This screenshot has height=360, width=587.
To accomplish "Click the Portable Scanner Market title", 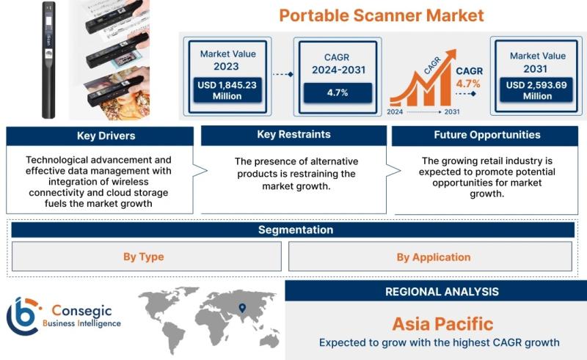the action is point(382,15).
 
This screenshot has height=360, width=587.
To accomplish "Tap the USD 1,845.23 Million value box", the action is point(227,90).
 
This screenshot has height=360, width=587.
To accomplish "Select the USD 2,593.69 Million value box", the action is point(536,90).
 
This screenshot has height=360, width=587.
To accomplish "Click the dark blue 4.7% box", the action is point(338,93).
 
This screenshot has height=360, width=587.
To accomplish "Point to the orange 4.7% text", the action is point(468,84).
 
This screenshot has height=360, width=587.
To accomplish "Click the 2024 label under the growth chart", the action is point(395,112).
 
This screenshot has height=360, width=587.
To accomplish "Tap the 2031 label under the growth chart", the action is point(452,112).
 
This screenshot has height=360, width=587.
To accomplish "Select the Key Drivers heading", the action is point(106,136).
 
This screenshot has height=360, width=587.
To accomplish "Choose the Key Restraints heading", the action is point(294,135).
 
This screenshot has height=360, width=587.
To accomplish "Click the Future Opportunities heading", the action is point(487,135).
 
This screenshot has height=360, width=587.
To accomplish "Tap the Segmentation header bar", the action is point(293,229).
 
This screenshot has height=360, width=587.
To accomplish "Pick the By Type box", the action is point(146,257).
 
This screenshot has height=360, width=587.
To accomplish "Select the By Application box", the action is point(430,257).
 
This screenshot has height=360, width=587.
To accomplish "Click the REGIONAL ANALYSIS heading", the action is point(442,292).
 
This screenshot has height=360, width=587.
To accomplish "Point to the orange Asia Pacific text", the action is point(443,324).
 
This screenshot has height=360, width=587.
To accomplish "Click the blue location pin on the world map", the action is point(243,308).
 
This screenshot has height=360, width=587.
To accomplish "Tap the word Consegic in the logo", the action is point(81,311).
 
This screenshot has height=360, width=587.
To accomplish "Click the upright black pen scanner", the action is point(48,60).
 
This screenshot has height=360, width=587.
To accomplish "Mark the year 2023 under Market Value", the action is point(226,67).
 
